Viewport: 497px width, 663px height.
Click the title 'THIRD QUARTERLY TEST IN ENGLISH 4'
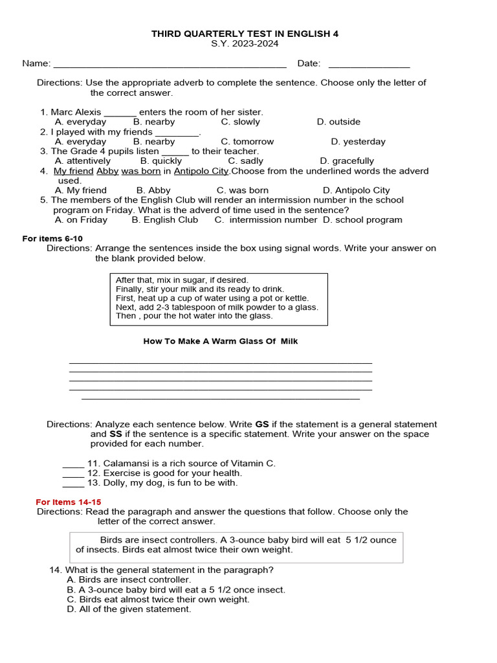coord(245,33)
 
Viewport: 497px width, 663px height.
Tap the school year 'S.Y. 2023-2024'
coord(245,43)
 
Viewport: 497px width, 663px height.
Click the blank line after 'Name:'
coord(170,63)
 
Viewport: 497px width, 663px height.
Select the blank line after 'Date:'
coord(369,63)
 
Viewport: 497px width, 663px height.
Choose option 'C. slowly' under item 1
coord(240,122)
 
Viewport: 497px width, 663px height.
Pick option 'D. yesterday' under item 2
coord(358,141)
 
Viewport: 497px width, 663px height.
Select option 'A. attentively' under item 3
coord(83,161)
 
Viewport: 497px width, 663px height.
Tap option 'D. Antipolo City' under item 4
coord(356,190)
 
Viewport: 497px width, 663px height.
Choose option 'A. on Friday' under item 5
coord(81,219)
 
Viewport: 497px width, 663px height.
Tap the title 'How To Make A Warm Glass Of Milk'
coord(220,341)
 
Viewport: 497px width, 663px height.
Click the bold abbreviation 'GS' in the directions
coord(262,425)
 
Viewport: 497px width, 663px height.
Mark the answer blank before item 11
coord(73,464)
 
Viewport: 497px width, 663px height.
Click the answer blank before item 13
coord(73,483)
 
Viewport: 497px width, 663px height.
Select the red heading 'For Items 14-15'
coord(69,502)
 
